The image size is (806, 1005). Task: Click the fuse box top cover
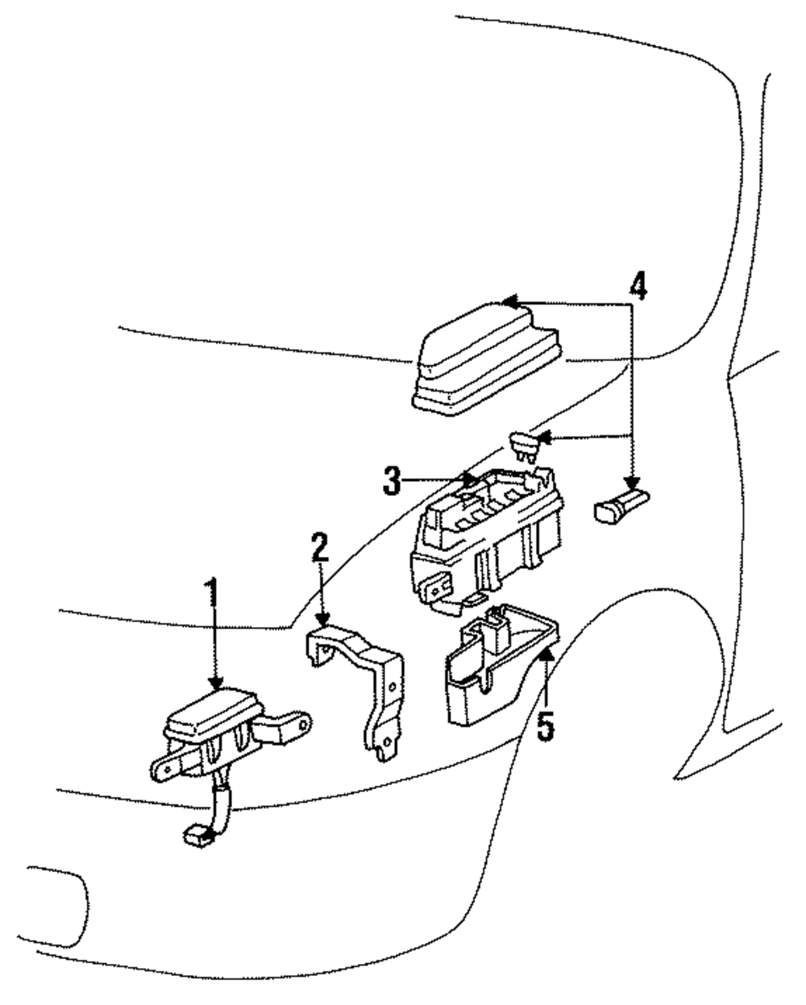coord(487,359)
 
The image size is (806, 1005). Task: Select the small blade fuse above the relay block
coord(525,446)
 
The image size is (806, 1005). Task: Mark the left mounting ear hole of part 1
coord(164,772)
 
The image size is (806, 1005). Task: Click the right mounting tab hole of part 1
coord(305,724)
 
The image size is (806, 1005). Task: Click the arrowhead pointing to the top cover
coord(509,301)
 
